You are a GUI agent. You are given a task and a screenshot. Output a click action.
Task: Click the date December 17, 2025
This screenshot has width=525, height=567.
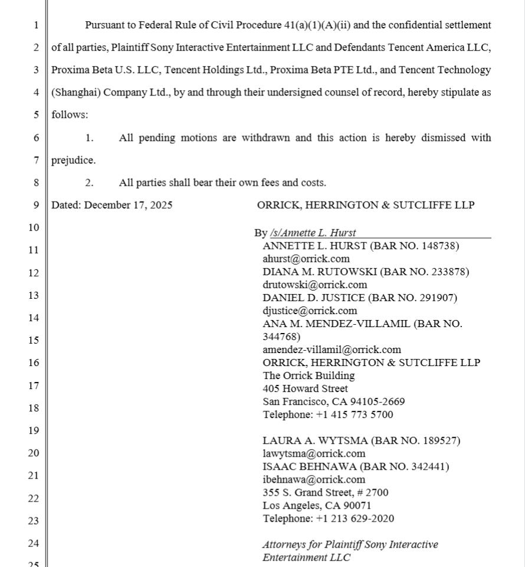128,205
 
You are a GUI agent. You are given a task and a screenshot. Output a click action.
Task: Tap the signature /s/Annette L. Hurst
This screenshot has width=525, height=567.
313,233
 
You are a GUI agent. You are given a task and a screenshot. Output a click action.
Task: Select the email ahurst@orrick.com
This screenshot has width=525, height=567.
306,259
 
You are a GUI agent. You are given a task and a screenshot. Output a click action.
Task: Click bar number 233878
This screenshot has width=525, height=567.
450,272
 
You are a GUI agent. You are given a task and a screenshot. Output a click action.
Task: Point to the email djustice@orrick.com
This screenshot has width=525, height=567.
310,311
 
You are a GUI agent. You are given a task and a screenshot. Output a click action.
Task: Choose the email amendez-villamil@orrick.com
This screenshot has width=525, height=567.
332,350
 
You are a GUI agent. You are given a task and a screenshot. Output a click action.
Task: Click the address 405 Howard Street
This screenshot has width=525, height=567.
305,388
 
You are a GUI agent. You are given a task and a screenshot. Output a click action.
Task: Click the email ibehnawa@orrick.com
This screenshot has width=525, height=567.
314,479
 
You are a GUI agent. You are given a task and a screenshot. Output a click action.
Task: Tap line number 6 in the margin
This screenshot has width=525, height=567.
36,138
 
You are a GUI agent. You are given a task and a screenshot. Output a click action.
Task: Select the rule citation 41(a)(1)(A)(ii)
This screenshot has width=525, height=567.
317,25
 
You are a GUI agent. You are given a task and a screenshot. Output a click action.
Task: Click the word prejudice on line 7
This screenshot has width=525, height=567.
73,160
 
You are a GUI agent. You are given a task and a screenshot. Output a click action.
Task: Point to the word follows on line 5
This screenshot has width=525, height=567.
69,115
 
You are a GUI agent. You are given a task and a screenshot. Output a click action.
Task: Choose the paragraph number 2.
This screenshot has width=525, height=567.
89,183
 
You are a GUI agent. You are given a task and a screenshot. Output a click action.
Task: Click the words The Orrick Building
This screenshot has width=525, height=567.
309,375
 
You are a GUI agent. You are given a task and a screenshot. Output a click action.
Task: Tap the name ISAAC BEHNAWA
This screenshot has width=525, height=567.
310,466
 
